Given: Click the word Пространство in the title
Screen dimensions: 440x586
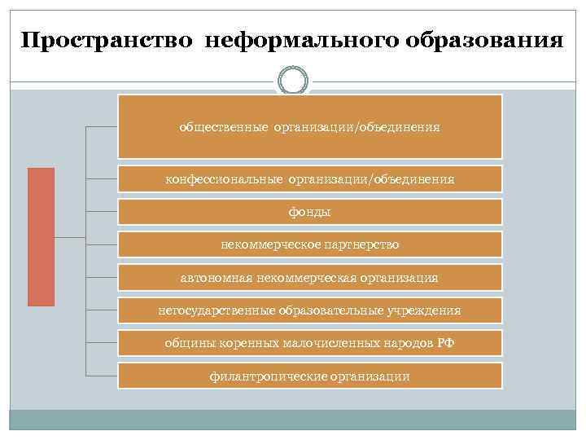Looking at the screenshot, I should [x=106, y=40].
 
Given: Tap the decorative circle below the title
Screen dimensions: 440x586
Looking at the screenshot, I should [x=293, y=81].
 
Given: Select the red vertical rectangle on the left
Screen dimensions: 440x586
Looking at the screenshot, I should [x=42, y=236].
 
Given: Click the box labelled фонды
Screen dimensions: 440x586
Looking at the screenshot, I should [x=309, y=211].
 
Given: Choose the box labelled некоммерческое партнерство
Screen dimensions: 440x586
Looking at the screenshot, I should [x=309, y=244].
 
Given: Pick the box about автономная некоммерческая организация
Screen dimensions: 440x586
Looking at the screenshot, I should [x=309, y=278].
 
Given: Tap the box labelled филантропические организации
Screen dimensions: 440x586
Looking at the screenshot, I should [x=309, y=376].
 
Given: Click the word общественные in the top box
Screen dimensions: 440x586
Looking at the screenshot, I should [x=224, y=127].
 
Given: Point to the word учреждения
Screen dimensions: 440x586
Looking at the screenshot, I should [x=425, y=310].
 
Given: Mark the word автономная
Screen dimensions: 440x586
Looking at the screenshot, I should [x=215, y=278].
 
